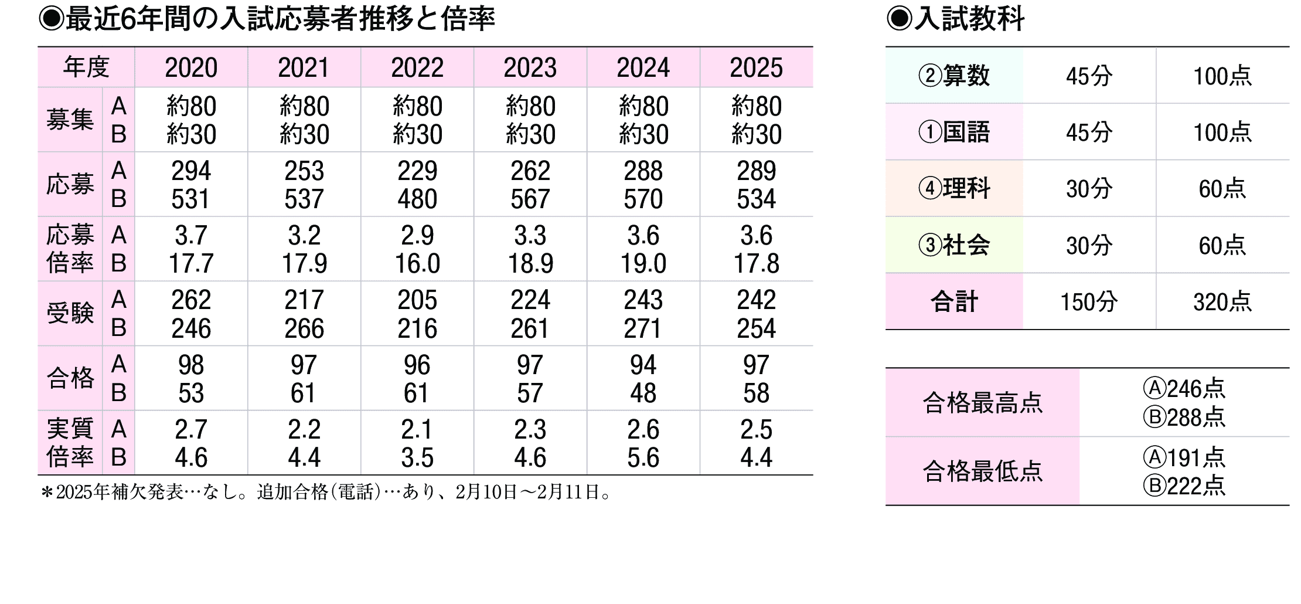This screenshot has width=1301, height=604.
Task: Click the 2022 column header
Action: (x=417, y=68)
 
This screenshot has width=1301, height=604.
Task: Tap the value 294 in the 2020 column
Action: (x=191, y=171)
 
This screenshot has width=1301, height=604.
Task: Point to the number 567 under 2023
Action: (x=530, y=199)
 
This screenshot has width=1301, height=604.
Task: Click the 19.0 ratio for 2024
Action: (x=643, y=264)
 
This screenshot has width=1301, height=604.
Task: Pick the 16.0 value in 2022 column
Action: (x=417, y=264)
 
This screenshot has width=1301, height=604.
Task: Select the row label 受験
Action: (x=70, y=314)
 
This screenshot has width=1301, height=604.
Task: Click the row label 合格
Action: (x=70, y=378)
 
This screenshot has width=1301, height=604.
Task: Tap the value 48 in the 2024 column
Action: (x=643, y=393)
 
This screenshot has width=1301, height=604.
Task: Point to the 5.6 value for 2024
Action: (x=643, y=457)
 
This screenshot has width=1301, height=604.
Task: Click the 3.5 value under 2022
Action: (x=417, y=457)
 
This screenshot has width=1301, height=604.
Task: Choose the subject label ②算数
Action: (x=954, y=76)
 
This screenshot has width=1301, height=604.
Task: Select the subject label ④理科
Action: (x=954, y=189)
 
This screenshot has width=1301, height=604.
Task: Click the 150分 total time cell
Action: (x=1089, y=302)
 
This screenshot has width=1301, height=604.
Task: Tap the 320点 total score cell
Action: (x=1222, y=302)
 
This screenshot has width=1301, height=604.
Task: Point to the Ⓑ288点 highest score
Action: (x=1184, y=417)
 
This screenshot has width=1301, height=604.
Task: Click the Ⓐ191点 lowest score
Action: (x=1184, y=457)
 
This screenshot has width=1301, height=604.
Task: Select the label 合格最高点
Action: (x=982, y=403)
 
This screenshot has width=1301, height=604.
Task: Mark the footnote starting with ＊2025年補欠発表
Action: (x=326, y=492)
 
